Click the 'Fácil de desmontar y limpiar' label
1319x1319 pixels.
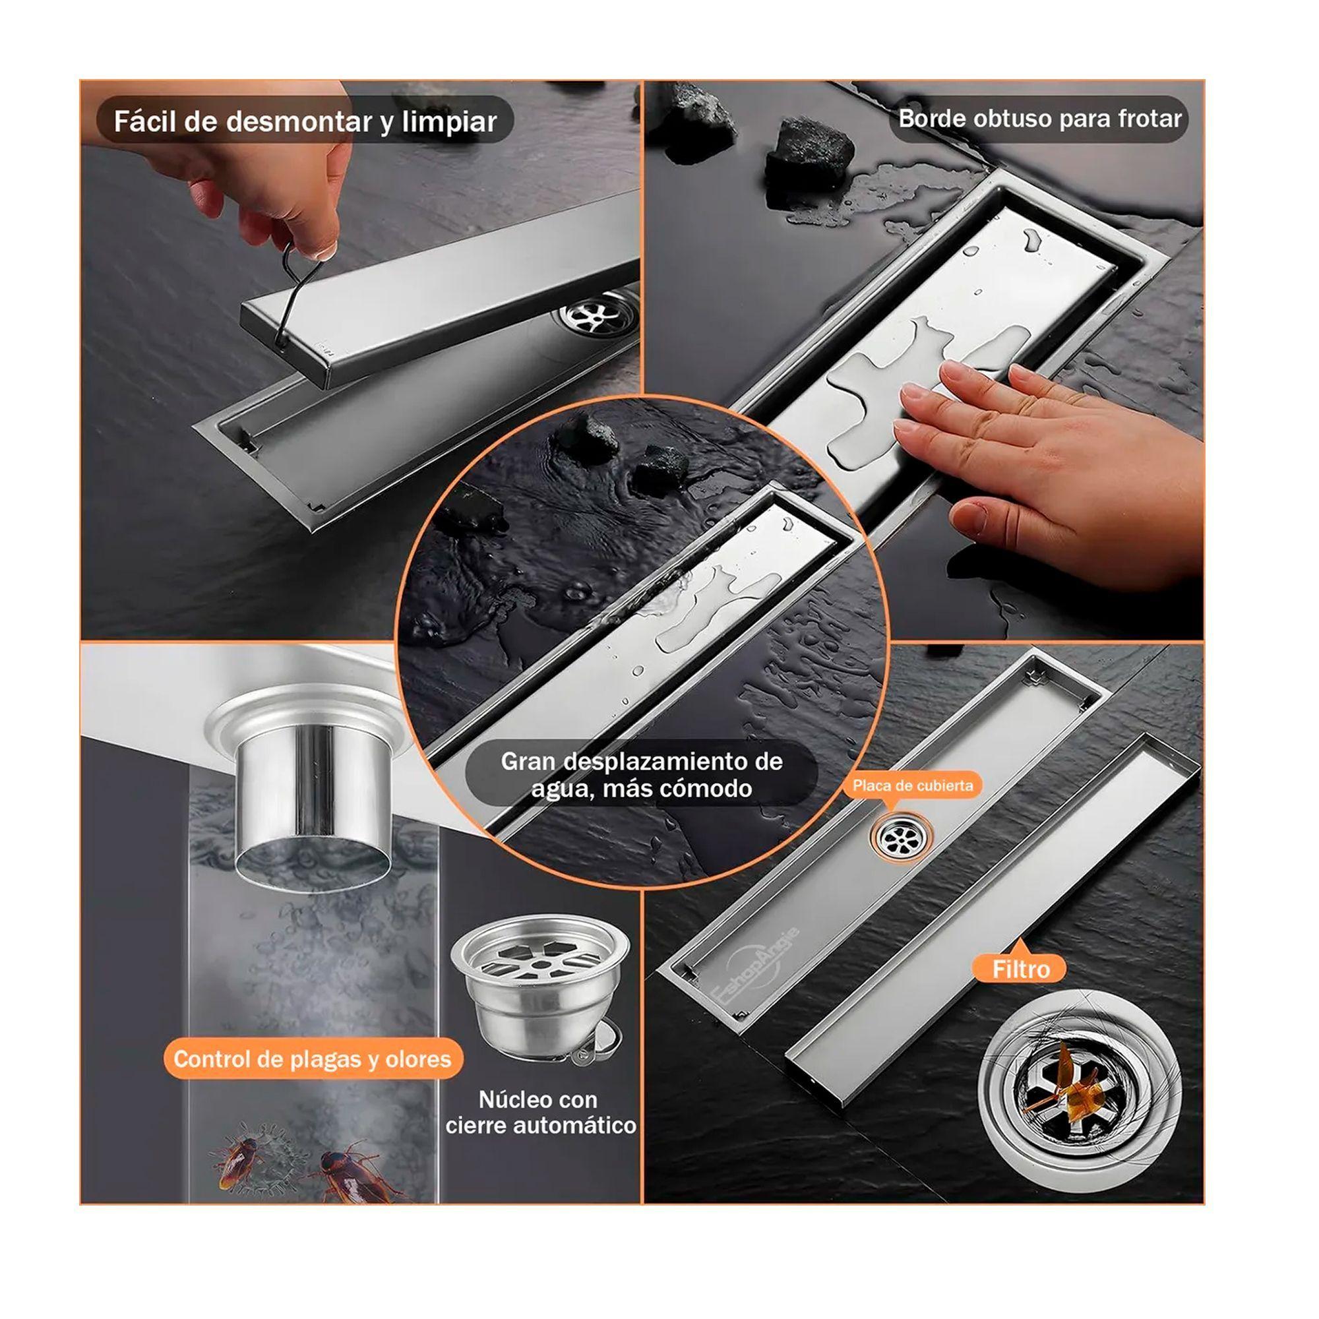(x=305, y=121)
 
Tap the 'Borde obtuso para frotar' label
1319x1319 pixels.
(x=1039, y=119)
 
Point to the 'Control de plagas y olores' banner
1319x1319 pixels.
(x=312, y=1059)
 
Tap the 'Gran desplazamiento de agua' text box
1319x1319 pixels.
(x=642, y=774)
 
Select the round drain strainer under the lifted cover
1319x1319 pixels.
(x=598, y=315)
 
